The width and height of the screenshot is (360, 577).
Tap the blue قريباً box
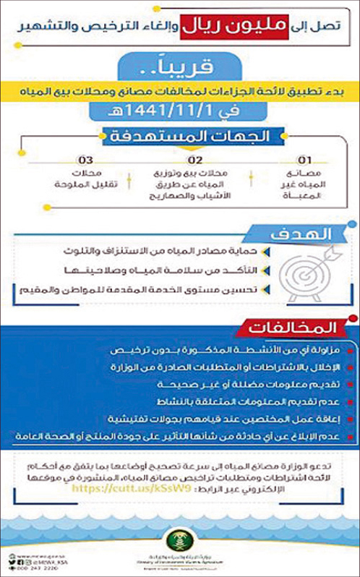pyautogui.click(x=179, y=70)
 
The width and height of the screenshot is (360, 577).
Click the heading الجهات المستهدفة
pyautogui.click(x=179, y=137)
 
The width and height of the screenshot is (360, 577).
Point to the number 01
pyautogui.click(x=307, y=158)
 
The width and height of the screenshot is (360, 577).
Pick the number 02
pyautogui.click(x=194, y=158)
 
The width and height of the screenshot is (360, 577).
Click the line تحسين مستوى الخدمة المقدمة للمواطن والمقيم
pyautogui.click(x=170, y=289)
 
